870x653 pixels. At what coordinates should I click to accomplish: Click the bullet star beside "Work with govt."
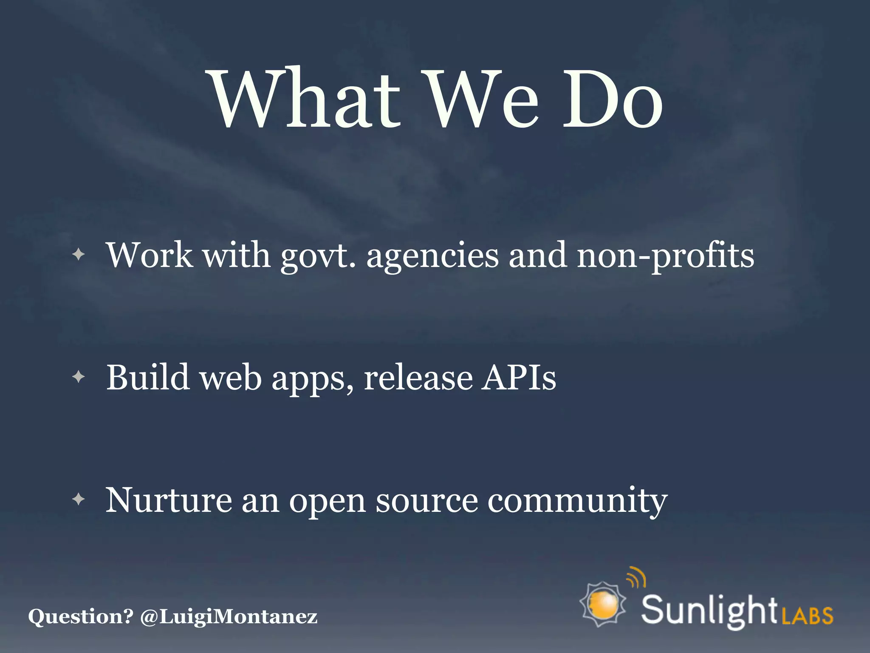tap(79, 255)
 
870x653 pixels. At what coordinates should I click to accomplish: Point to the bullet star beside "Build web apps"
tap(79, 377)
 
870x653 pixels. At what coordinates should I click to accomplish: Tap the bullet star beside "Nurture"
tap(79, 499)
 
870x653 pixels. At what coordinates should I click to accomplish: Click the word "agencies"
tap(432, 256)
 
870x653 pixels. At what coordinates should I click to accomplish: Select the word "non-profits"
tap(665, 256)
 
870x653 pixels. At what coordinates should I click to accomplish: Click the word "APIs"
tap(518, 378)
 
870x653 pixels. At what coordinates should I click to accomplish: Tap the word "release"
tap(418, 378)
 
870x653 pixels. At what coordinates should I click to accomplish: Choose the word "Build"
tap(147, 378)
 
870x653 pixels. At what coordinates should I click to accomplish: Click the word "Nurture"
tap(168, 500)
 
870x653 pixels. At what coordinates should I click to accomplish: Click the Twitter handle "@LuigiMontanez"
tap(229, 616)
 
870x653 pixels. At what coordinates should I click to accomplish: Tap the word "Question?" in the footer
tap(81, 616)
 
